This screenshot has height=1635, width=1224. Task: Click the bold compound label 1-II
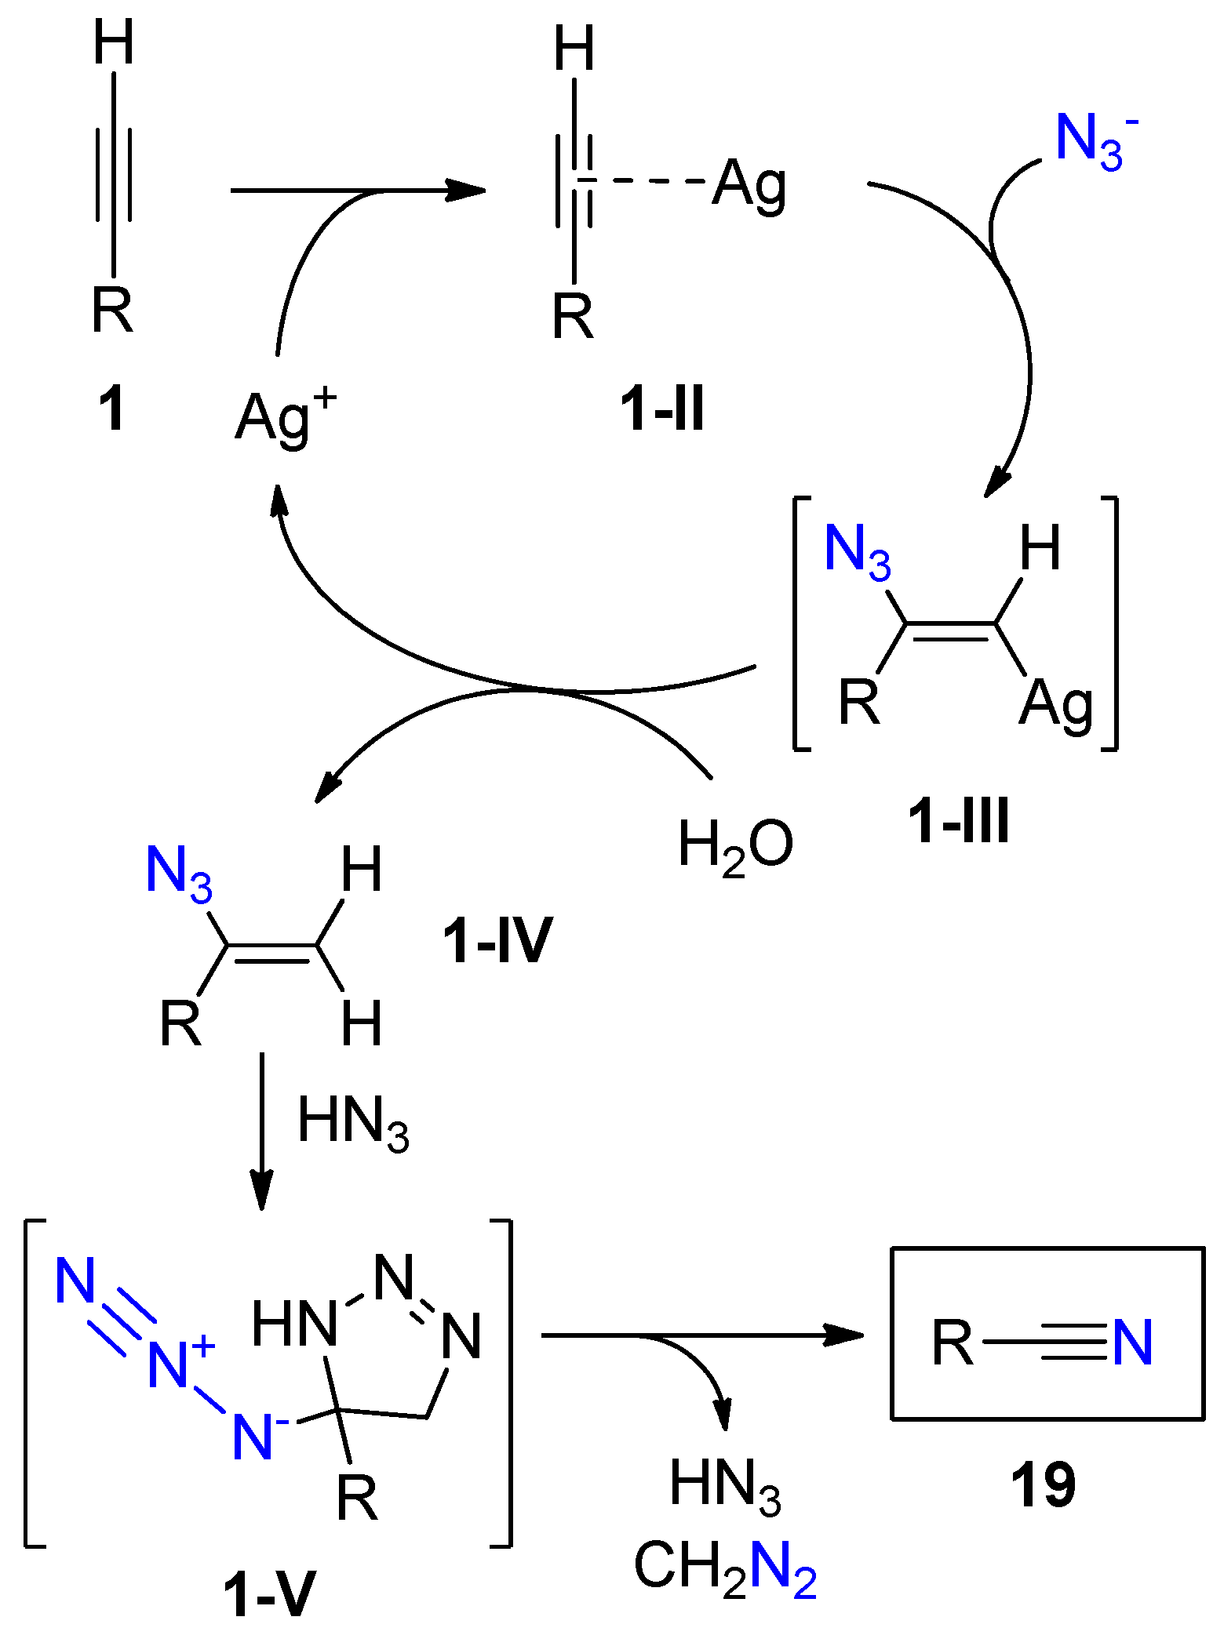[x=662, y=409]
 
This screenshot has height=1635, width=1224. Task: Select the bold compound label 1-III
[x=958, y=821]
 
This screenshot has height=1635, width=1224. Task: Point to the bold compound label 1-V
[x=269, y=1593]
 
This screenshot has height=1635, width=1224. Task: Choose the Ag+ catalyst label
[x=286, y=416]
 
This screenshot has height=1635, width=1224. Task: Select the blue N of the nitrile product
[x=1132, y=1343]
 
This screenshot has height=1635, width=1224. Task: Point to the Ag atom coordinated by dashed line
[x=749, y=185]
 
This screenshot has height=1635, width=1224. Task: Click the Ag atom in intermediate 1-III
[x=1056, y=703]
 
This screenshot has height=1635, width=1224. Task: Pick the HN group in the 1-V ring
[x=294, y=1324]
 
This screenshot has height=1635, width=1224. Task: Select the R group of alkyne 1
[x=112, y=311]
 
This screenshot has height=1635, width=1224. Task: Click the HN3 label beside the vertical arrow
[x=353, y=1122]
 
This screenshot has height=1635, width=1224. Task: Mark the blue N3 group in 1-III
[x=858, y=549]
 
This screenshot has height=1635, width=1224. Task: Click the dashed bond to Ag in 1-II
[x=643, y=182]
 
